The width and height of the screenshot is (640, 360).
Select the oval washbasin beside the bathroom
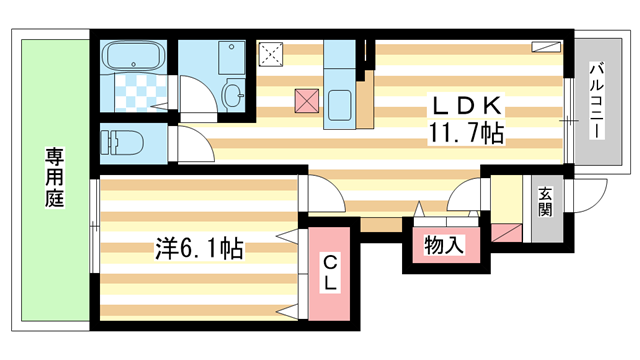click(233, 96)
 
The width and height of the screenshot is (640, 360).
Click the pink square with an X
click(307, 101)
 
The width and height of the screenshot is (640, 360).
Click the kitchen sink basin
click(339, 105)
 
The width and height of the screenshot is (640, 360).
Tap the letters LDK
click(466, 104)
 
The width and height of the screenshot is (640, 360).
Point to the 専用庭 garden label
click(53, 178)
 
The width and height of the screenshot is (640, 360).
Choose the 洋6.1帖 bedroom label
click(200, 246)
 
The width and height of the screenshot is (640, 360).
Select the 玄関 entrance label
click(545, 202)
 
